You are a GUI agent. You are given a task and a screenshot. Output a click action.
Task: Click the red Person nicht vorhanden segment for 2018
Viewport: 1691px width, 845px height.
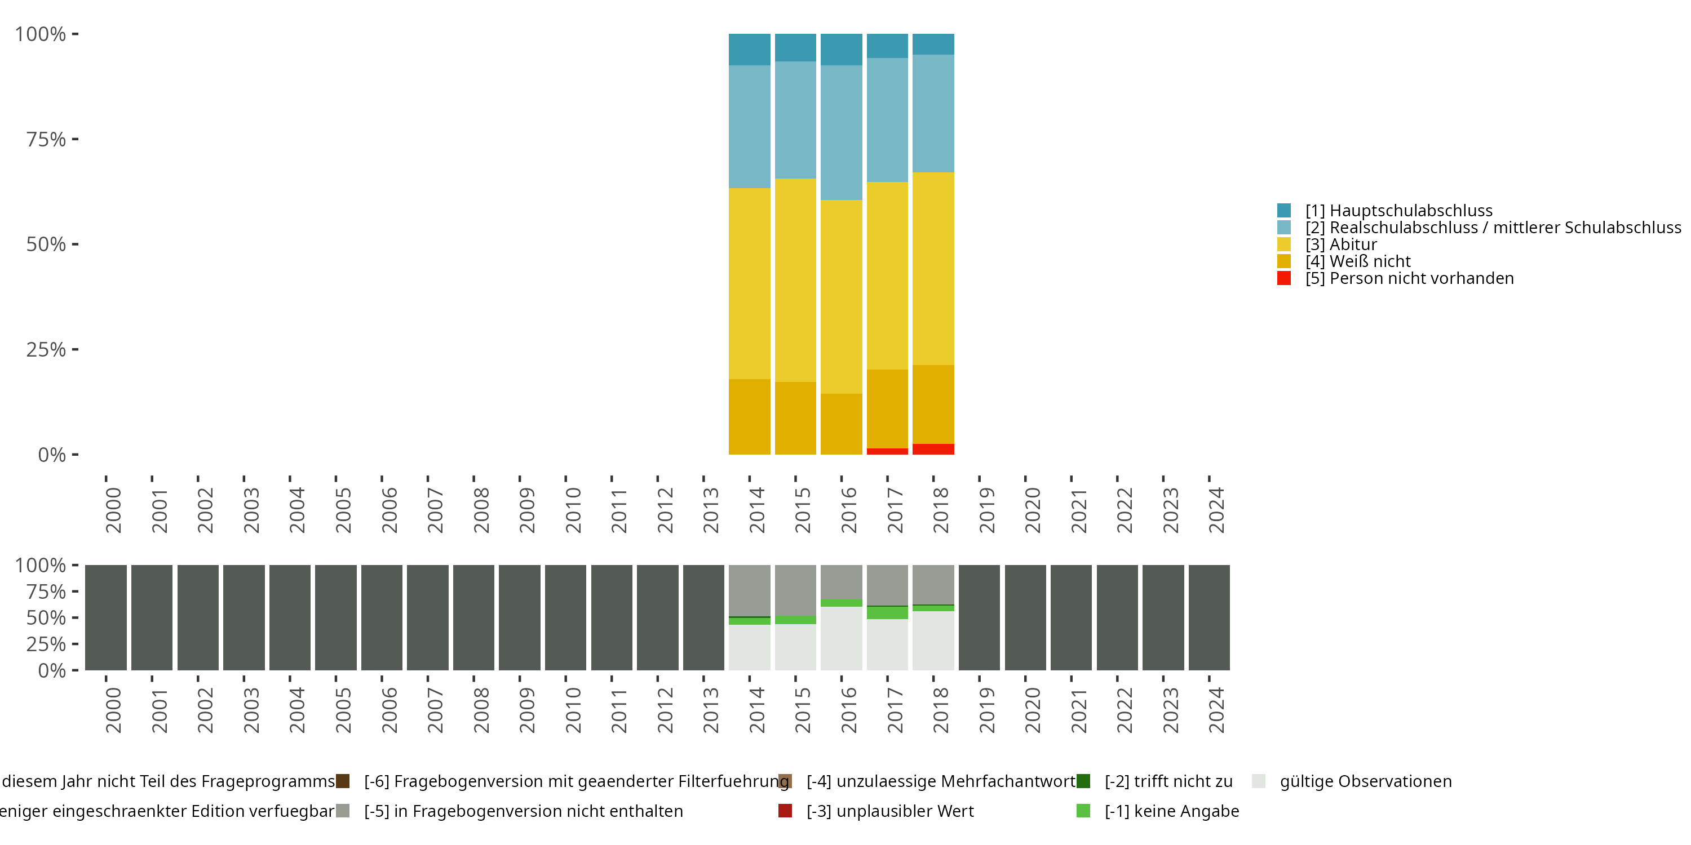coord(933,450)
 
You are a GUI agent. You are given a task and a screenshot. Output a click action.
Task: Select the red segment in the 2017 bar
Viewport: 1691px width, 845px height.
coord(887,451)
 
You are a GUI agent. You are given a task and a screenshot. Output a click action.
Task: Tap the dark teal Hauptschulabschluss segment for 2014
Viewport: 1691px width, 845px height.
coord(749,49)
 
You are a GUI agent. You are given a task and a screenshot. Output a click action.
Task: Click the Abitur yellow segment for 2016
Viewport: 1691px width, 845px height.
coord(841,296)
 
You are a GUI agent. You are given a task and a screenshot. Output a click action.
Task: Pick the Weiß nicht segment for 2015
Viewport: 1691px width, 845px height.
coord(795,418)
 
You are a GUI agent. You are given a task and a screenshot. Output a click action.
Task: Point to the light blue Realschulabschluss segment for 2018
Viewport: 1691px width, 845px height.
coord(933,113)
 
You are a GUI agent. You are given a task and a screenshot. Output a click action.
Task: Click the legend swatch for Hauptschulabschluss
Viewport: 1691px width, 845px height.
coord(1284,211)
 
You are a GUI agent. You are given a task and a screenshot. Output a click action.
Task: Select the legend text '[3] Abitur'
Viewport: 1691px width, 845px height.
coord(1340,244)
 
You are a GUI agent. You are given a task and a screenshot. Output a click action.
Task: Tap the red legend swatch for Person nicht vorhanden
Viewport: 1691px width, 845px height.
coord(1284,278)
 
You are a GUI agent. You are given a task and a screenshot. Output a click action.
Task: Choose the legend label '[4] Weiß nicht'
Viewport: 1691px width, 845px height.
coord(1357,262)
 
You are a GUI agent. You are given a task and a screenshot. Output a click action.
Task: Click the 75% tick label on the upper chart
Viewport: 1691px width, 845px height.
coord(46,139)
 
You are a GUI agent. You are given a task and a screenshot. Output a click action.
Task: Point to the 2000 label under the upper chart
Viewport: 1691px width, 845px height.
coord(113,510)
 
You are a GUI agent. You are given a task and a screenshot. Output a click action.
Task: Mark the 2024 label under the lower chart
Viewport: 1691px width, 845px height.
coord(1216,710)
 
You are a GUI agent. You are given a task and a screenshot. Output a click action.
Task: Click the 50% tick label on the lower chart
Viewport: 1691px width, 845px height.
coord(46,618)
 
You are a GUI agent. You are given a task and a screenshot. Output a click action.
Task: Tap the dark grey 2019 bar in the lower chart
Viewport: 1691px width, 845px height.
coord(979,617)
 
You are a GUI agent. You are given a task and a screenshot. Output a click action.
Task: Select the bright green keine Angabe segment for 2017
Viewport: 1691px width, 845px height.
coord(887,613)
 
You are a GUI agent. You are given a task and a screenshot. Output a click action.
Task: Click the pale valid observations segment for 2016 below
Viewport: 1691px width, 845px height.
coord(841,638)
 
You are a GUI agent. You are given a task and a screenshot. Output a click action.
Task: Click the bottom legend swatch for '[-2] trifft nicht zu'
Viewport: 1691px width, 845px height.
coord(1083,781)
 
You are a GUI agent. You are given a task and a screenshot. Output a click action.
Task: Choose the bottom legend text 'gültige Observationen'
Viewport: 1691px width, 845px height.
coord(1365,781)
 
